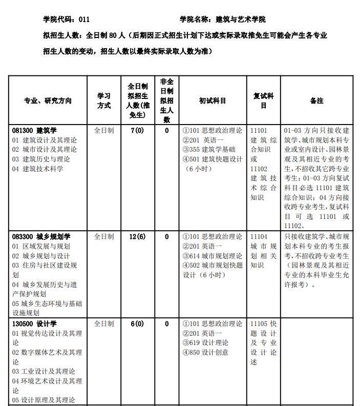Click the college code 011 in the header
(84, 19)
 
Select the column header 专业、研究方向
(48, 101)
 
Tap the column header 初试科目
(212, 101)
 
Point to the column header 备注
(316, 101)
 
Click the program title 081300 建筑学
(34, 131)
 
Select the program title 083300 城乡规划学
(41, 237)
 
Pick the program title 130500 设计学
(34, 324)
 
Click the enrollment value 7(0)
(137, 131)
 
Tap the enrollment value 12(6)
(137, 237)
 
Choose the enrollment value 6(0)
(137, 324)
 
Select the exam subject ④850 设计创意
(205, 352)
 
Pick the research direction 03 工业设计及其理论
(44, 371)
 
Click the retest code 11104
(259, 237)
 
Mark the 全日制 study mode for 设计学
(104, 324)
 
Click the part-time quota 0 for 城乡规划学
(166, 237)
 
